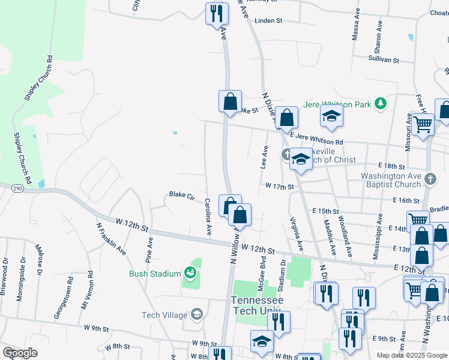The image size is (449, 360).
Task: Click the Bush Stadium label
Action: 155,274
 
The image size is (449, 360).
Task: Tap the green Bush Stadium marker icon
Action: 190,274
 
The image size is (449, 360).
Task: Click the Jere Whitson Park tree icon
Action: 380,104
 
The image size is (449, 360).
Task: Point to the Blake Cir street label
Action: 182,195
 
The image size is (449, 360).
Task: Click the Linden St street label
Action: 268,20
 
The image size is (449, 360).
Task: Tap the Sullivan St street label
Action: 384,60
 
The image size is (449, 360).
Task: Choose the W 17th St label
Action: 279,187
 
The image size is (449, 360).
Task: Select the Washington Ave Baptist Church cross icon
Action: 430,179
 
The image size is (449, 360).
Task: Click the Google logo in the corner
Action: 20,353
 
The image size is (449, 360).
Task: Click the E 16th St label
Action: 406,200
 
